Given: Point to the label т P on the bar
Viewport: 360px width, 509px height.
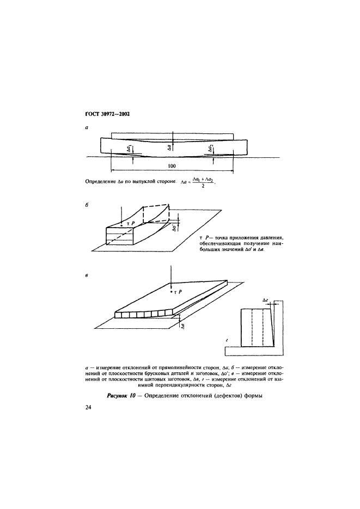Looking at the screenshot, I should pyautogui.click(x=129, y=224).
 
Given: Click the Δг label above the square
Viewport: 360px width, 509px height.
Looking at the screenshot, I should pyautogui.click(x=265, y=299).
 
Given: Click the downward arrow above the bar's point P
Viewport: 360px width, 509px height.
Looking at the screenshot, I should pyautogui.click(x=120, y=213).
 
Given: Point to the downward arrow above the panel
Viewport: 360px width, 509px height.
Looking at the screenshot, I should pyautogui.click(x=172, y=276).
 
